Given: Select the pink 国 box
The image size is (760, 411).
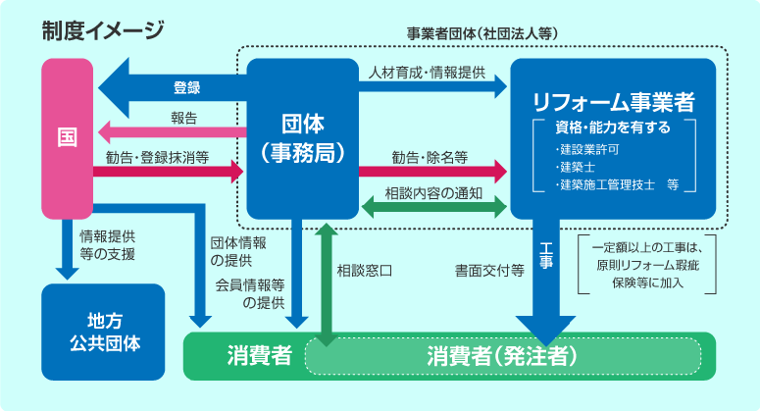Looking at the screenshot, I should coord(67,137).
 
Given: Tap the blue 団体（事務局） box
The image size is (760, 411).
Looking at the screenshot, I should coord(301,137).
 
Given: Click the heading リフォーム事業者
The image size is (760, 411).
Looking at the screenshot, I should coord(614,101).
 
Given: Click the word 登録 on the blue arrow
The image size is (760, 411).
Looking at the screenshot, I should coord(186,87).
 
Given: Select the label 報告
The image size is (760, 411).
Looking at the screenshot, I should coord(183,118).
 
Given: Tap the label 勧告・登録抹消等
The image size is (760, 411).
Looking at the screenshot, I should coord(157,156).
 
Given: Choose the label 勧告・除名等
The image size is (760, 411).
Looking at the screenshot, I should coord(430,156).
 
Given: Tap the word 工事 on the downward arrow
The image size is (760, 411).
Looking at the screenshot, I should coord(546,259).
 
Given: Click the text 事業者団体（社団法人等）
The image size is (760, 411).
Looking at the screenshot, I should coord(482,33).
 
